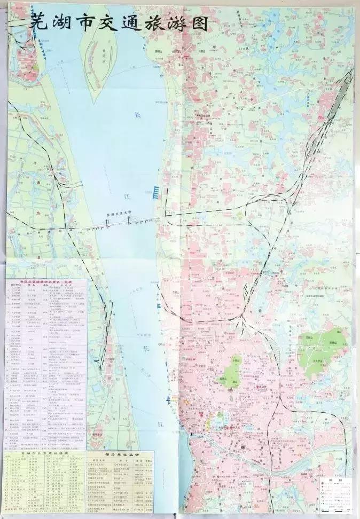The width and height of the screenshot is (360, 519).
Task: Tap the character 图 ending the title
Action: [195, 22]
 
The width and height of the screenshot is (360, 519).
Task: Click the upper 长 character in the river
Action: [137, 115]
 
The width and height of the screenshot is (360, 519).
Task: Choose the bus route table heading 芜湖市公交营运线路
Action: [44, 452]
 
